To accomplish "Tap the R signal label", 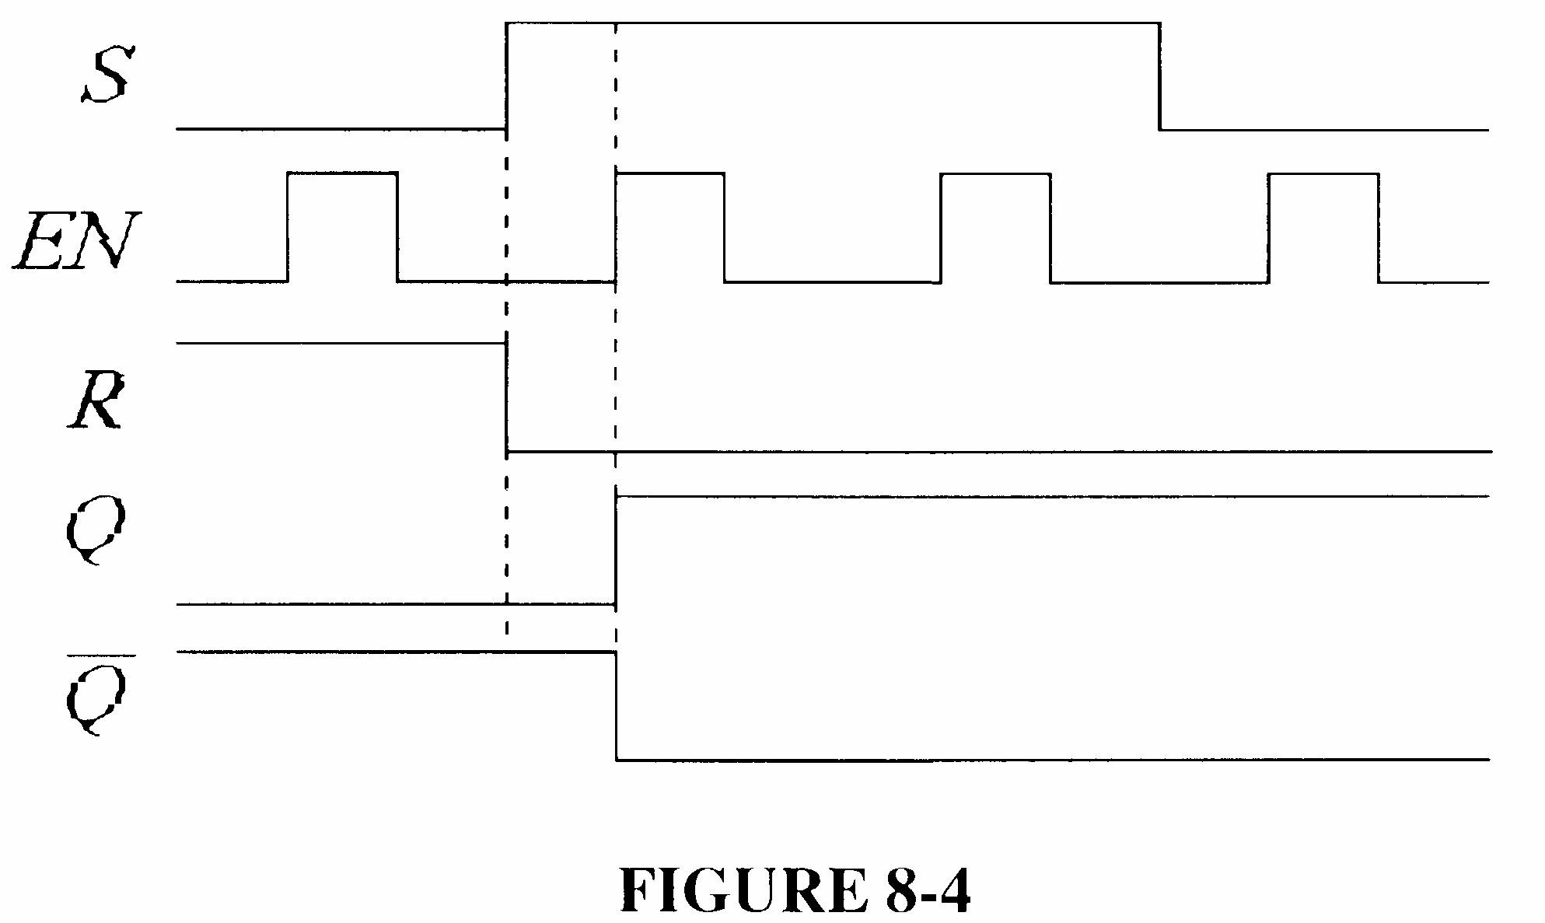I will [x=95, y=403].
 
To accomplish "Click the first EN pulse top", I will [x=342, y=173].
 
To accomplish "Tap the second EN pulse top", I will [x=669, y=173].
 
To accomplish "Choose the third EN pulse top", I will [x=995, y=173].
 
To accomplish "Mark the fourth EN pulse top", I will [x=1323, y=173].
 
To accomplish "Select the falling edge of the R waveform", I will [x=506, y=397].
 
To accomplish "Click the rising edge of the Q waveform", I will [x=616, y=549].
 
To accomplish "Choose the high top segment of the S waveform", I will [x=832, y=23].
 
